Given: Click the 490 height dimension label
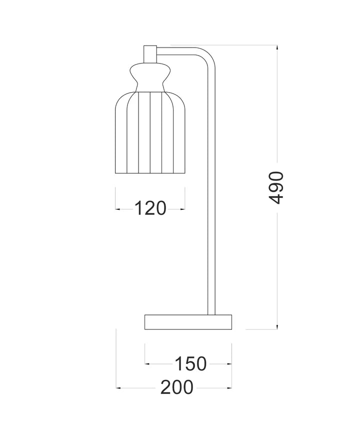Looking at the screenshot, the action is pos(276,187).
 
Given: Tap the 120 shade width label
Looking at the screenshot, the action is pos(150,208).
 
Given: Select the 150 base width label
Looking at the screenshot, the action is pos(191,364).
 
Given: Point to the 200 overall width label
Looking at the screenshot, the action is pos(177,387).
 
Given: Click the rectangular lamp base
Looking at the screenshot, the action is pos(188,322).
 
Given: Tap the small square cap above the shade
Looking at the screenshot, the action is pos(150,55).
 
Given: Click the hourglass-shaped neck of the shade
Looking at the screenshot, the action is pos(150,78).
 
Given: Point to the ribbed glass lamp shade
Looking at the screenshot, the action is pos(150,133).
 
